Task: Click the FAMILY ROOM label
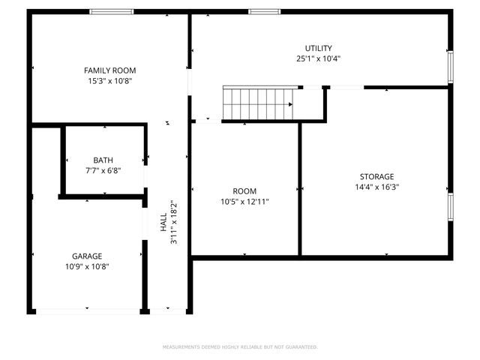(x=109, y=70)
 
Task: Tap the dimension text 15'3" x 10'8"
(x=109, y=80)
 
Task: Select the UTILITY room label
(x=318, y=48)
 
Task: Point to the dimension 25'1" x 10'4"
(x=318, y=58)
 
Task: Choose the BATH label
(x=103, y=160)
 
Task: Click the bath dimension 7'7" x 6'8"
(x=103, y=170)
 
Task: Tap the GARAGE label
(x=87, y=256)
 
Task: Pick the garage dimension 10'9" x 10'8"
(x=87, y=266)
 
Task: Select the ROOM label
(x=244, y=191)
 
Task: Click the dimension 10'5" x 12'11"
(x=244, y=202)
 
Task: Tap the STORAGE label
(x=376, y=176)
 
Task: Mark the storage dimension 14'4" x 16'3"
(x=376, y=187)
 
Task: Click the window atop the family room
(x=112, y=11)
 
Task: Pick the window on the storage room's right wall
(x=451, y=206)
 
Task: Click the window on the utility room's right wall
(x=451, y=65)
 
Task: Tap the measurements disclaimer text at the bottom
(x=240, y=347)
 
